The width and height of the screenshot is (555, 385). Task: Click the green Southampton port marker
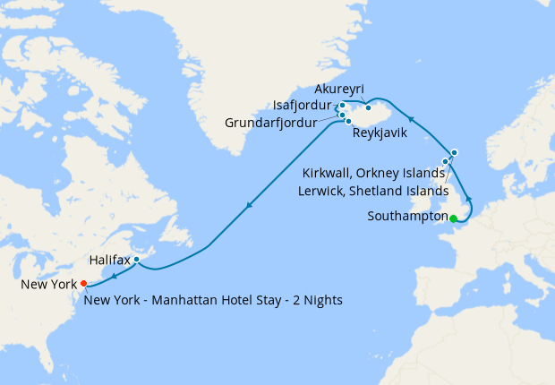454,218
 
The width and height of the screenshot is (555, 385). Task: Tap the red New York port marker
83,283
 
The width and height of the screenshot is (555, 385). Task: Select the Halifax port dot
136,260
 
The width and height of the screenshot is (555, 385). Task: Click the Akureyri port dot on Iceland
368,107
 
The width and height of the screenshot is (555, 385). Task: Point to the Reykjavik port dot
348,121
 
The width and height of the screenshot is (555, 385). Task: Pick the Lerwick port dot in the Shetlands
454,152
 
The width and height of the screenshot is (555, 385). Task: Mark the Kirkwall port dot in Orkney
445,162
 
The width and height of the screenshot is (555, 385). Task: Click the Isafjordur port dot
342,106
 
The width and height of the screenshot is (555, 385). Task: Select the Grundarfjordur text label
271,123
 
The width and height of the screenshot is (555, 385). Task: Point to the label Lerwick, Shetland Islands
372,191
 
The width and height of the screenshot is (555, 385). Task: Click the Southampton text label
407,217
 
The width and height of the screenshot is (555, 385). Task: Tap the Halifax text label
110,260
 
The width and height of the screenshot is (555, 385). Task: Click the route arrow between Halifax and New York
115,275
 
